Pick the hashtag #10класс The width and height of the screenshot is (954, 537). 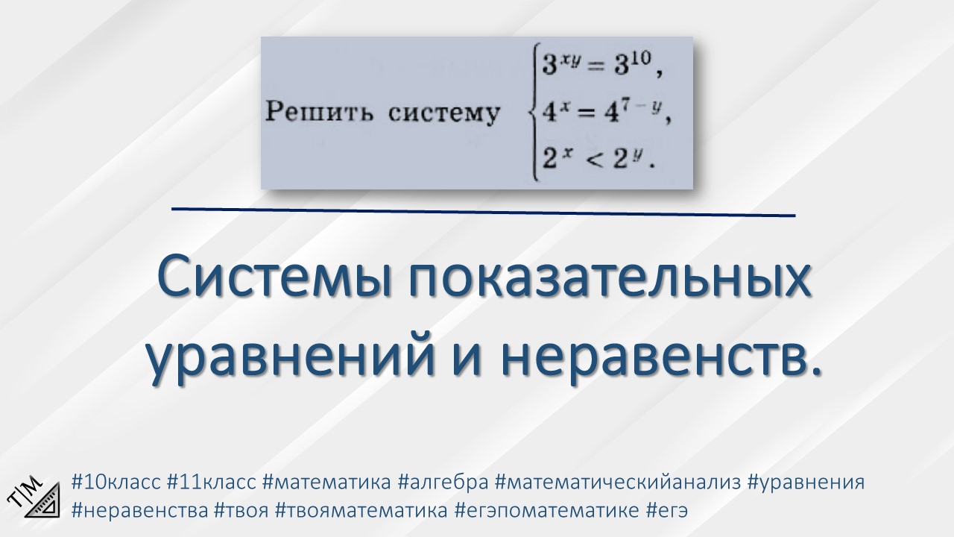(x=116, y=482)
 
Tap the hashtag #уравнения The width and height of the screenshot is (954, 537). (x=805, y=482)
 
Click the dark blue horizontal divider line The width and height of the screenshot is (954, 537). (x=483, y=212)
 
